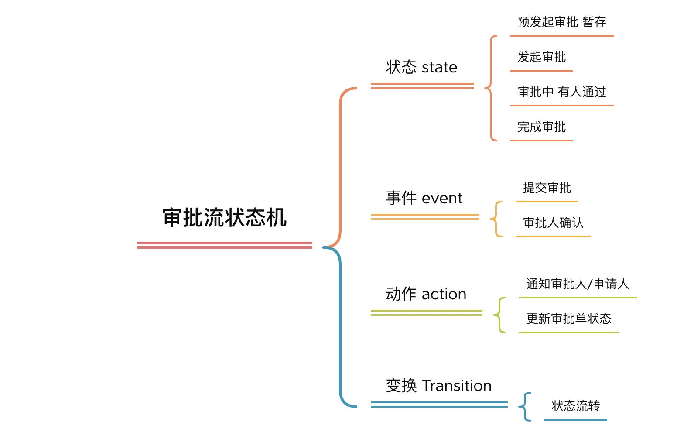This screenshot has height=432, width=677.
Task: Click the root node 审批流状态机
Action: coord(224,217)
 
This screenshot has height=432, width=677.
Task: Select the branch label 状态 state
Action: coord(421,67)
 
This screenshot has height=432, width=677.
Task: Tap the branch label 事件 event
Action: coord(424,198)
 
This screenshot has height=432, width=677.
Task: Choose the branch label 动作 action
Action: coord(426,294)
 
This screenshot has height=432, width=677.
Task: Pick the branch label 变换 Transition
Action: coord(438,386)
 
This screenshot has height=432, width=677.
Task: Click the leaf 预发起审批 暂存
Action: coord(561,22)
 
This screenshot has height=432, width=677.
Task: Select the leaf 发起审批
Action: coord(541,57)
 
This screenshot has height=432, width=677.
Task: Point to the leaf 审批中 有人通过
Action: coord(561,92)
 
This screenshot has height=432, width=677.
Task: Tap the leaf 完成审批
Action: coord(541,127)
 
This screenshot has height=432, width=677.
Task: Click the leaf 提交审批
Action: coord(547,188)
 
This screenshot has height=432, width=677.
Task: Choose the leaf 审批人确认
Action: coord(553,223)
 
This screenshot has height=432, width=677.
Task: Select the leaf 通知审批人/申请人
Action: coord(577,284)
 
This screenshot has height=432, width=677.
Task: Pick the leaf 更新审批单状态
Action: coord(568,319)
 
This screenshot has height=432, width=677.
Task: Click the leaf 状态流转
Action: coord(575,406)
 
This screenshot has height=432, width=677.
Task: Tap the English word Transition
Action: coord(456,386)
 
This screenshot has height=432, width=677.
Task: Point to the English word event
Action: coord(442,199)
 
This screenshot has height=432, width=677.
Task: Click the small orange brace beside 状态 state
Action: coord(491,88)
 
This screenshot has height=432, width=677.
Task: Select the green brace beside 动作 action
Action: coord(500,315)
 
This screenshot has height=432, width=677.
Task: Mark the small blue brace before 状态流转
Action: coord(525,407)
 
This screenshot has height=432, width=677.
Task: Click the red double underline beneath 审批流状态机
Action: coord(225,245)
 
